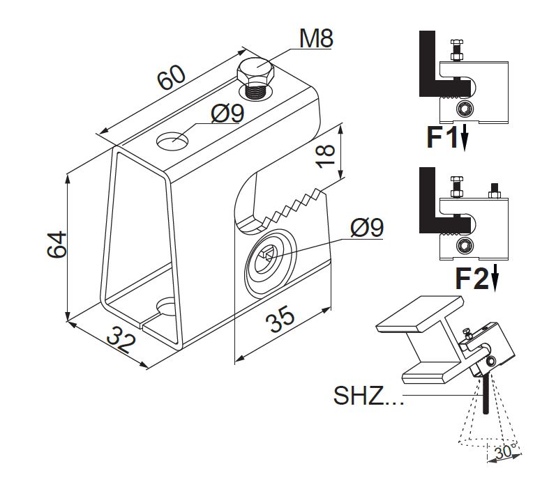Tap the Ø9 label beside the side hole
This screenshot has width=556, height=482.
click(x=367, y=227)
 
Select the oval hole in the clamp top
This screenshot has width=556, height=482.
click(x=172, y=140)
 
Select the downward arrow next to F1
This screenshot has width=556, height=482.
click(x=464, y=139)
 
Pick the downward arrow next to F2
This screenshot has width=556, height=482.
click(x=495, y=279)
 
